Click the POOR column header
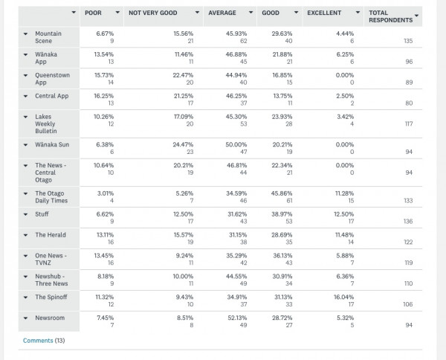pos(93,13)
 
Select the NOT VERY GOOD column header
pos(152,13)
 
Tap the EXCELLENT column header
pos(324,13)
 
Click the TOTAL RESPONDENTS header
pos(390,16)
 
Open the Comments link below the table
pos(38,341)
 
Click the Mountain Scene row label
pos(48,37)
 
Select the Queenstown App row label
pos(52,79)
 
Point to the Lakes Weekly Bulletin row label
pos(46,123)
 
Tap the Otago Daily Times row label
pos(51,197)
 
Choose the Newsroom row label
pos(50,318)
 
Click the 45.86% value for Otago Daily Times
pos(282,193)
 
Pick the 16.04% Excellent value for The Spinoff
pos(343,297)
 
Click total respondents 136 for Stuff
pos(408,221)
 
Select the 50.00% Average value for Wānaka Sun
pos(236,144)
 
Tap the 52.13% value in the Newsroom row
pos(237,318)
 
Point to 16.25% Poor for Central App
pos(103,96)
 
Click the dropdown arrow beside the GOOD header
pos(296,13)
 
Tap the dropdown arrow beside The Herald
pos(25,235)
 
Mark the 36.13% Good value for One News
pos(282,256)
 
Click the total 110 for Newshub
pos(408,283)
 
